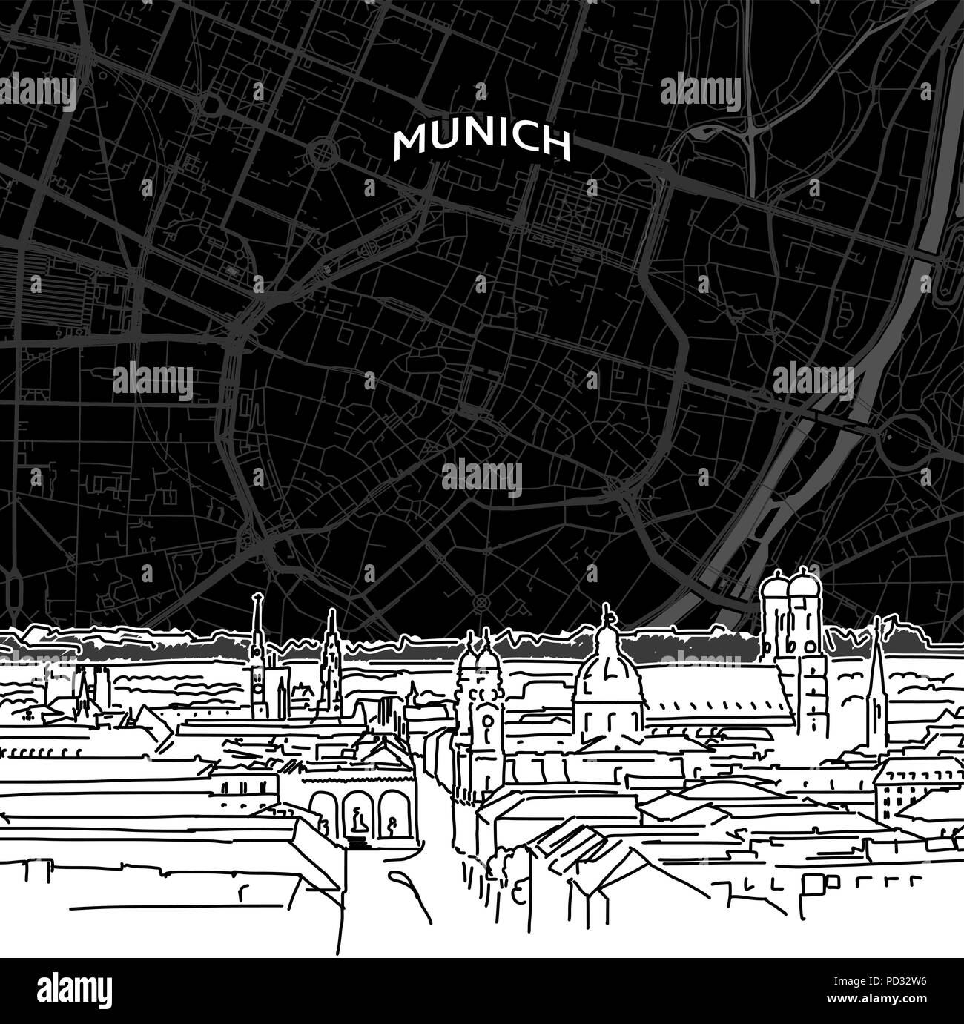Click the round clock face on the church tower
point(486,720)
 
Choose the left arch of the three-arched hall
point(324,807)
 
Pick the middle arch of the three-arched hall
point(357,810)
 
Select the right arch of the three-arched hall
point(389,809)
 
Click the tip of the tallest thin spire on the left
point(258,597)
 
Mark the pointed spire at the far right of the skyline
point(879,653)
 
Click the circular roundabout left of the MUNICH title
point(325,154)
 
